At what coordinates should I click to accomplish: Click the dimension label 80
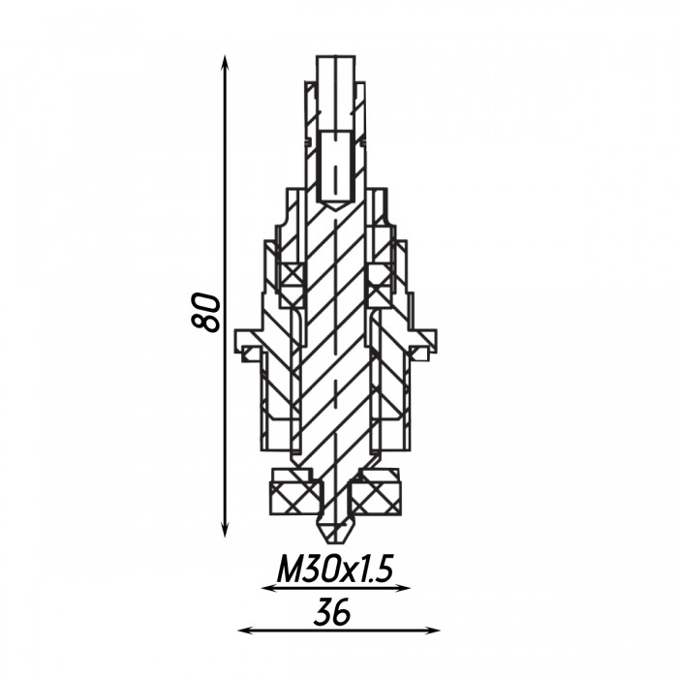[x=205, y=312]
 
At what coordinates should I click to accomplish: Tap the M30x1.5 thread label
[x=335, y=570]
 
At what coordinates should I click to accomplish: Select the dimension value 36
[x=331, y=613]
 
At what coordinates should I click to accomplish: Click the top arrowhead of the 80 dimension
[x=224, y=62]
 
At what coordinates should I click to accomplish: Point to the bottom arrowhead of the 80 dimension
[x=224, y=530]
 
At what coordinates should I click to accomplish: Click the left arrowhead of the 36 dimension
[x=245, y=631]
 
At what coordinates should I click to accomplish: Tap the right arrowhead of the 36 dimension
[x=432, y=631]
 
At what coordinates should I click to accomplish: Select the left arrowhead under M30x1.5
[x=269, y=588]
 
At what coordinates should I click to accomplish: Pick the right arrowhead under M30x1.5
[x=403, y=588]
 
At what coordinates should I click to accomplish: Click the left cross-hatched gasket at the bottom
[x=294, y=498]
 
